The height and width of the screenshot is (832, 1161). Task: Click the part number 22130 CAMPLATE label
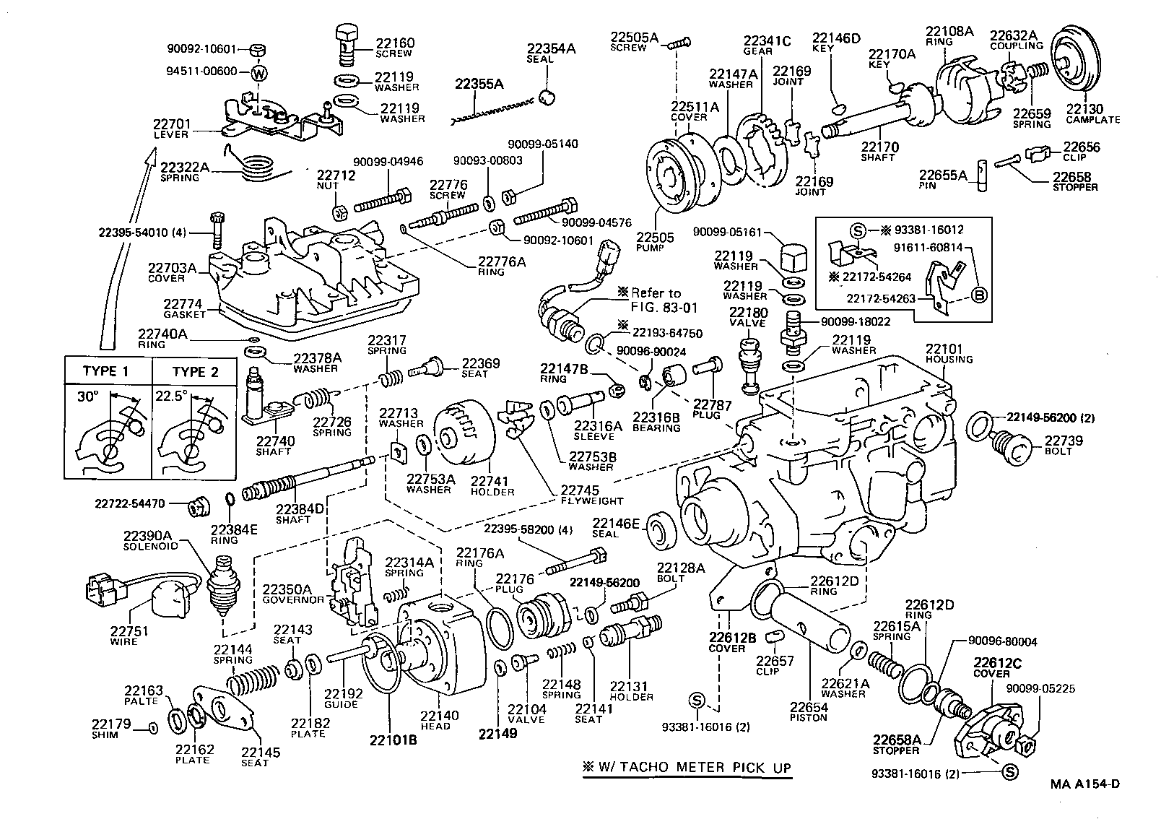pyautogui.click(x=1092, y=113)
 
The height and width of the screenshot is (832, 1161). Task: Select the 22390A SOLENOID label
pyautogui.click(x=148, y=540)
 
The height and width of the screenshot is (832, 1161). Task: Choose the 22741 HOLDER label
pyautogui.click(x=492, y=485)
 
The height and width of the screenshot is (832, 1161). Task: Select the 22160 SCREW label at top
pyautogui.click(x=394, y=48)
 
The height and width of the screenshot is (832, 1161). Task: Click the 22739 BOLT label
pyautogui.click(x=1064, y=445)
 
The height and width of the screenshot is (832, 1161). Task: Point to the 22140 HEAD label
pyautogui.click(x=439, y=720)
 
